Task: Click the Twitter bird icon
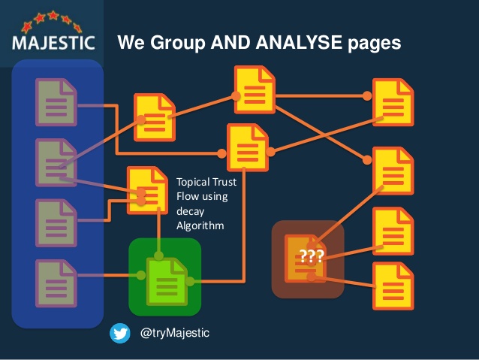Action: (x=120, y=333)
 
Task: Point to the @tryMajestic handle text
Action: (x=175, y=333)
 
